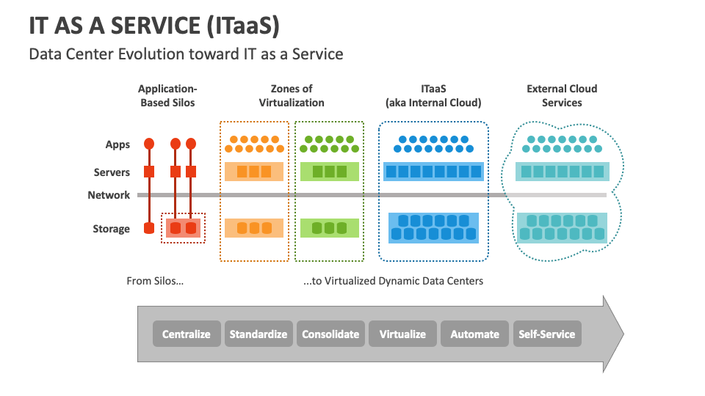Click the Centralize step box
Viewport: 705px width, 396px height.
pyautogui.click(x=187, y=334)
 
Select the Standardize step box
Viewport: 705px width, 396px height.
pyautogui.click(x=258, y=334)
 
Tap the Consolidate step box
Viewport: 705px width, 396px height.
pyautogui.click(x=330, y=334)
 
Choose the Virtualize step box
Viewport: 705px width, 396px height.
pyautogui.click(x=402, y=334)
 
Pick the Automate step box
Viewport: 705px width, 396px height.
pyautogui.click(x=474, y=334)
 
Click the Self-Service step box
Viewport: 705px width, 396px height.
pyautogui.click(x=546, y=334)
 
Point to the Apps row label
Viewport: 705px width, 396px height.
pyautogui.click(x=117, y=144)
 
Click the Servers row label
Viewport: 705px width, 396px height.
pyautogui.click(x=112, y=172)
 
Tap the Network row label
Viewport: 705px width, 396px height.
pyautogui.click(x=109, y=195)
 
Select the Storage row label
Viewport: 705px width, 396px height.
pyautogui.click(x=111, y=229)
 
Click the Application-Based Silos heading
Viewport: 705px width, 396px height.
pyautogui.click(x=167, y=95)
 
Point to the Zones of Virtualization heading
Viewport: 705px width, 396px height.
pyautogui.click(x=292, y=95)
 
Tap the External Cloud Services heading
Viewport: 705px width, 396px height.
pyautogui.click(x=562, y=95)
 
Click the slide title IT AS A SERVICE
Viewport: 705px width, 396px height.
pyautogui.click(x=154, y=26)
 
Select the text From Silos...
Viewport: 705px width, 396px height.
pyautogui.click(x=155, y=281)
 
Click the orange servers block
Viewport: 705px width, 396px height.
pyautogui.click(x=253, y=172)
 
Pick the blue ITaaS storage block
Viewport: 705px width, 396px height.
pyautogui.click(x=433, y=228)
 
